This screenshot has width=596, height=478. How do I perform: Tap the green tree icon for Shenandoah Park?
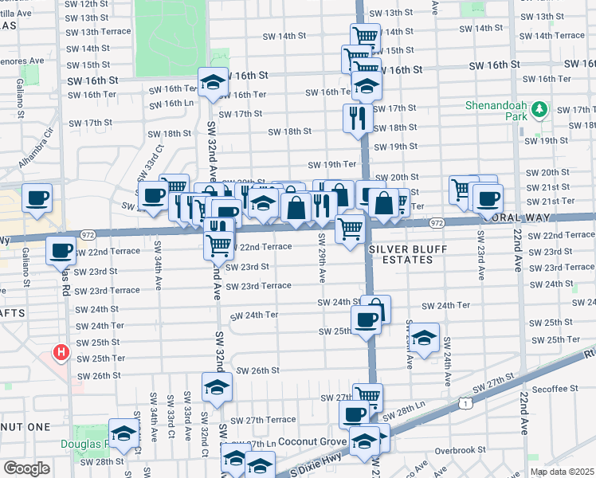[x=539, y=109]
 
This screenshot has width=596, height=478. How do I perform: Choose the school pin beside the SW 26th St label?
[x=215, y=386]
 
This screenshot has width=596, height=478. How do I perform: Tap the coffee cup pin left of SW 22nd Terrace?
[x=61, y=251]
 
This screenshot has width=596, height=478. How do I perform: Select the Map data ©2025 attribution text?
[x=561, y=472]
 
